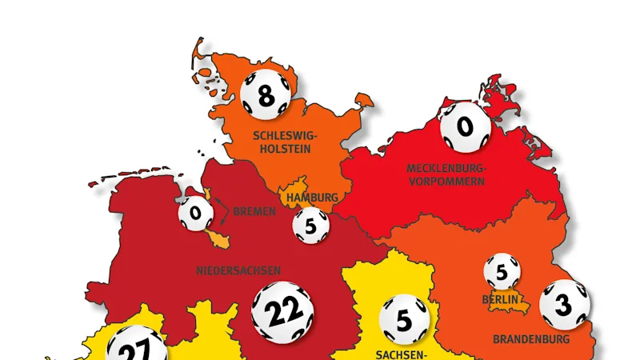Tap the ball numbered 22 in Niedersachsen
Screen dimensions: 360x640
point(281,313)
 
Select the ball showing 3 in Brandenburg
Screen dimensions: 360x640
point(564,305)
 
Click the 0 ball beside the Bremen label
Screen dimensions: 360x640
point(194,214)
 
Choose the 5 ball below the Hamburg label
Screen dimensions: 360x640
point(311,226)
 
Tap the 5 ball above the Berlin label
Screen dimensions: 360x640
point(502,272)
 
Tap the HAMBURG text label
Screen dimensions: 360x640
point(312,197)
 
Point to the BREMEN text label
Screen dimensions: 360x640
point(254,212)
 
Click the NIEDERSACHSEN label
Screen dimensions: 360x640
point(238,270)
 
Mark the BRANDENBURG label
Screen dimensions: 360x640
point(530,339)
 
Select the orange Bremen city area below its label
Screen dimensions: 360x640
point(218,238)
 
